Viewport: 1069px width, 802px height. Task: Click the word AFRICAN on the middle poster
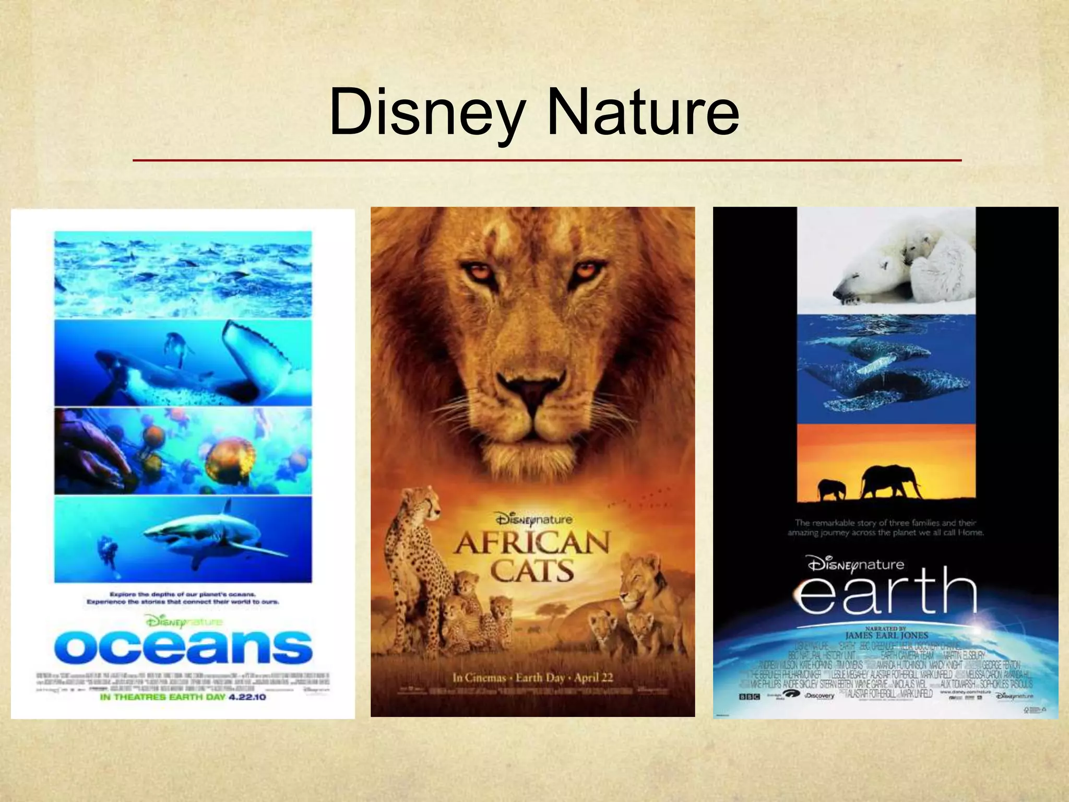coord(531,544)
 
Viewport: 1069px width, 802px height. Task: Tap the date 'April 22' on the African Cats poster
coord(593,678)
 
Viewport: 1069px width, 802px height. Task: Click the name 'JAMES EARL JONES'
coord(887,635)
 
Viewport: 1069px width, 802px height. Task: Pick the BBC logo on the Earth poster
coord(749,697)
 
